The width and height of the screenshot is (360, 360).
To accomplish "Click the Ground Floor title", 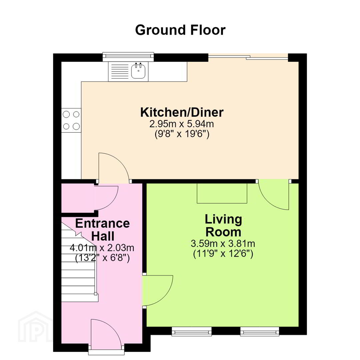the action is [x=180, y=30].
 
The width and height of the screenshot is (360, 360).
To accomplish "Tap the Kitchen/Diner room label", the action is [x=182, y=112].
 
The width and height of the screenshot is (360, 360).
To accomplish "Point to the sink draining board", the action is [x=120, y=71].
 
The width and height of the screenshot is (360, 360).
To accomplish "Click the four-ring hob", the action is [x=71, y=120].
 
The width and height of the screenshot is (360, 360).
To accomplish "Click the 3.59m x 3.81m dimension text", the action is [x=223, y=243].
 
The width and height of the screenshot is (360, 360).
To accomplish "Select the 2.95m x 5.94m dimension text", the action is [x=182, y=124].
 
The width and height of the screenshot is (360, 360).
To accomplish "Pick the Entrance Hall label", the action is [x=102, y=230].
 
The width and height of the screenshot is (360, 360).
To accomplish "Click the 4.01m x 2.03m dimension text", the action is [x=102, y=248].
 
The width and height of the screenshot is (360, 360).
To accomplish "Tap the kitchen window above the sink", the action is [x=128, y=57].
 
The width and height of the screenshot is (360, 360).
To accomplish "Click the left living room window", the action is [x=192, y=332].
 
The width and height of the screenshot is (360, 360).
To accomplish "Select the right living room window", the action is [x=260, y=332].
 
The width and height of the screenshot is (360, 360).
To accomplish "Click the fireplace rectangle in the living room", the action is [x=222, y=193].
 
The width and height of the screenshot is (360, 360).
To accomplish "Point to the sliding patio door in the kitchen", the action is [x=248, y=57].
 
